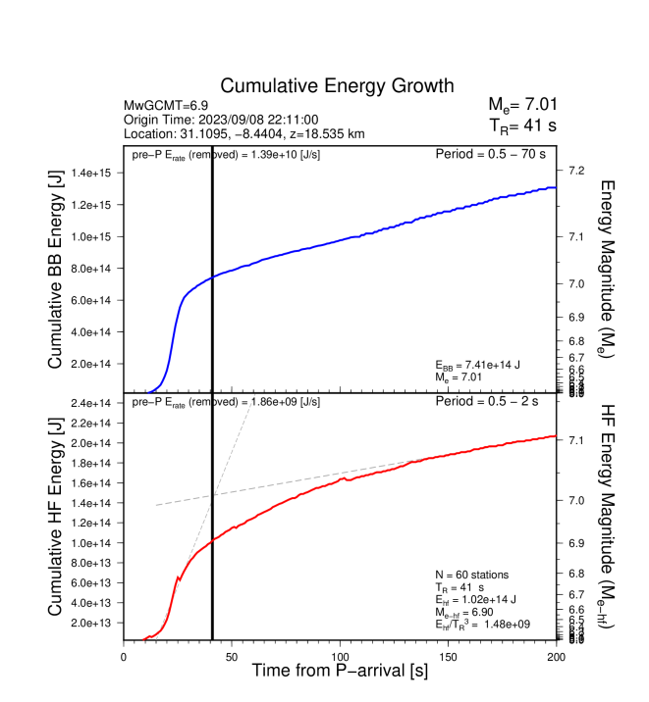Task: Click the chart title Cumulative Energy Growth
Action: (337, 86)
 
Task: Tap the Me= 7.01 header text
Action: (522, 105)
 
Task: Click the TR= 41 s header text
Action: (522, 125)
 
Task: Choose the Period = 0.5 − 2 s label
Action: (497, 402)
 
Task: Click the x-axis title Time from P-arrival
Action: (339, 672)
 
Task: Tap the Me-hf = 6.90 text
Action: (470, 611)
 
